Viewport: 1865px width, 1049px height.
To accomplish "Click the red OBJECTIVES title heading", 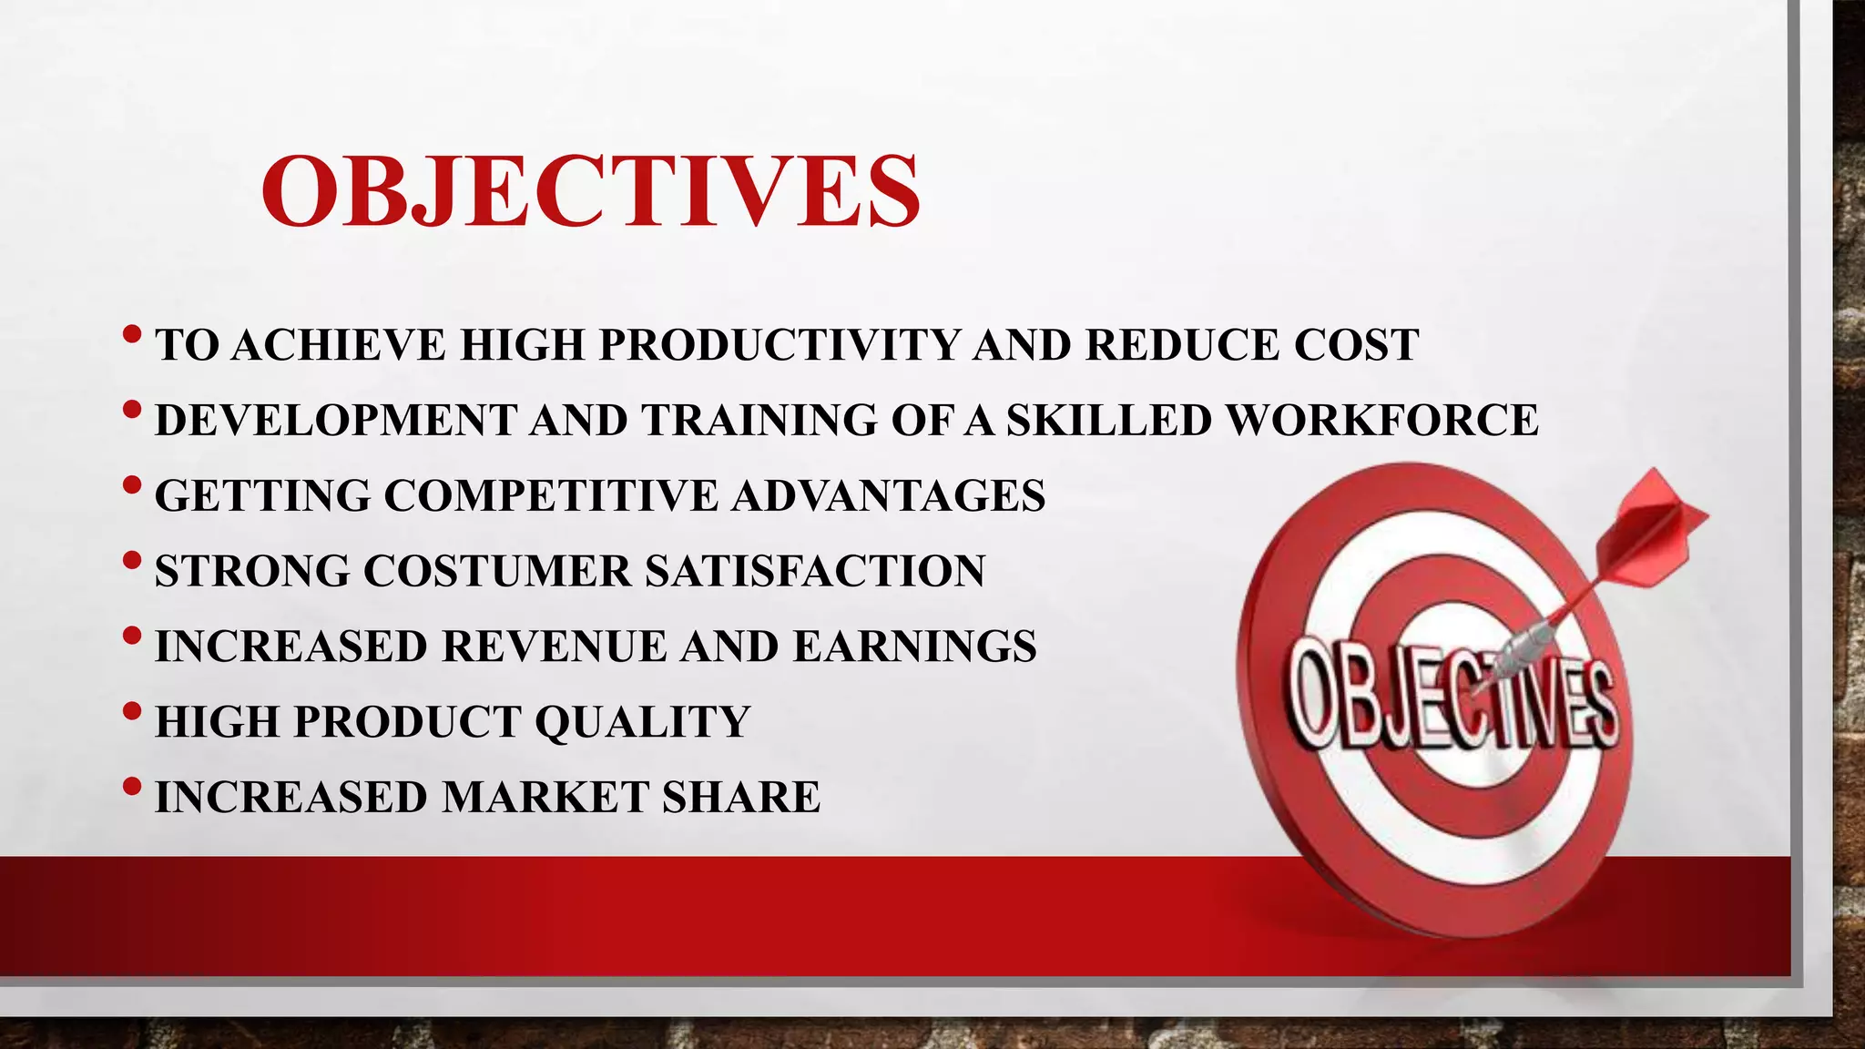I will tap(590, 191).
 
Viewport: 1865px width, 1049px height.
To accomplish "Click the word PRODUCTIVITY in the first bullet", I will tap(780, 345).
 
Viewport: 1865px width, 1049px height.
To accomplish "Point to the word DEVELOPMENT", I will tap(336, 421).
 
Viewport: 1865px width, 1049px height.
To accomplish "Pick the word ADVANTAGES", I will tap(888, 496).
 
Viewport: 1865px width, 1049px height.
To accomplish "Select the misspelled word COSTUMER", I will tap(496, 572).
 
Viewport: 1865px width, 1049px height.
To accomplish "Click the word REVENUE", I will tap(555, 647).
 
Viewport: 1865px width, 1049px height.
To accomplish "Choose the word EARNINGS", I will tap(914, 647).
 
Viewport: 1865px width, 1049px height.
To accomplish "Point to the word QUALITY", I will tap(642, 722).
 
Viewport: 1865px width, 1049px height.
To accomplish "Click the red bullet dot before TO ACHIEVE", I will tap(131, 334).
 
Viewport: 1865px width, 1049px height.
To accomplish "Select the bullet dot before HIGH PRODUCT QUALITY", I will tap(131, 711).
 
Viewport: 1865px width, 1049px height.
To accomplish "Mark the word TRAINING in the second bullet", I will tap(759, 421).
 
